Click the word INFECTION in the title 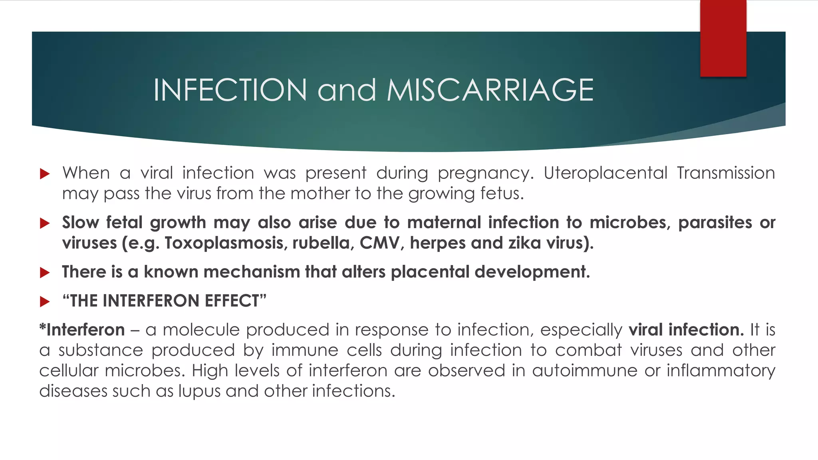(x=230, y=90)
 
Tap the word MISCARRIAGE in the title (x=490, y=90)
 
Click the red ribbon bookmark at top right (x=723, y=38)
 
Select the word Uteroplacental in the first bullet (x=605, y=173)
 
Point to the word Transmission (x=726, y=173)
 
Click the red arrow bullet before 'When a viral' (x=45, y=174)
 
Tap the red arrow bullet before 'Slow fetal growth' (x=45, y=223)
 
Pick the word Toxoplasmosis (x=226, y=243)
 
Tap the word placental (x=430, y=272)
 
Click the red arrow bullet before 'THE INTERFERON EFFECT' (x=45, y=301)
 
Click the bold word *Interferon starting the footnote (x=82, y=330)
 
